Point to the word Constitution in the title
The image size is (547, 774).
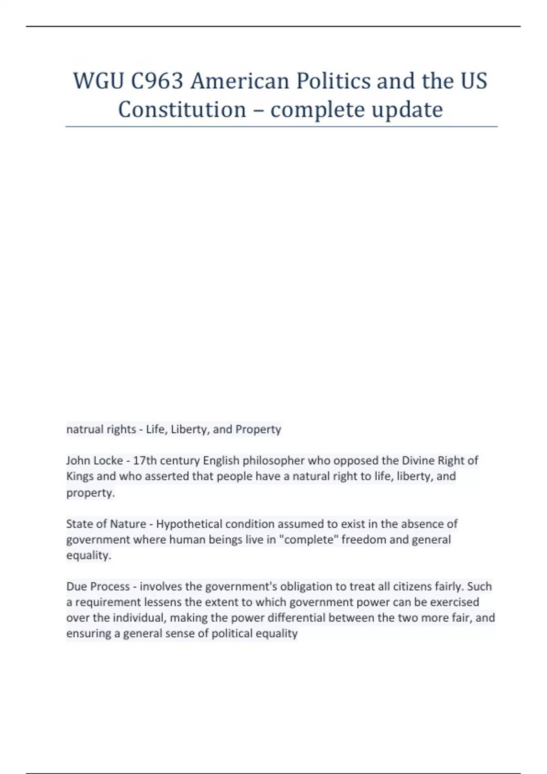pyautogui.click(x=182, y=110)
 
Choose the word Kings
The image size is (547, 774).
pyautogui.click(x=80, y=476)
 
